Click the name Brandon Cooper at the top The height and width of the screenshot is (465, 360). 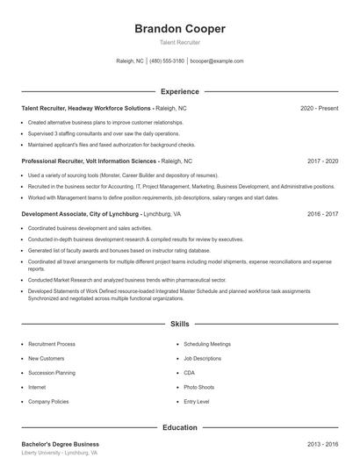tap(180, 28)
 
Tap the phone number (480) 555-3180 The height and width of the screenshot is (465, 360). tap(167, 61)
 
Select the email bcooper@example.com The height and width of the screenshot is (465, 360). tap(216, 61)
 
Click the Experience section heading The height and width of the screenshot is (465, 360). tap(180, 91)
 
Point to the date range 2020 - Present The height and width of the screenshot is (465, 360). tap(319, 108)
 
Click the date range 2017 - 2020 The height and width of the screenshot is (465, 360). tap(322, 161)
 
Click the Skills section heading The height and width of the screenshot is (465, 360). tap(180, 324)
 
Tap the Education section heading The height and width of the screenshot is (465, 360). tap(180, 427)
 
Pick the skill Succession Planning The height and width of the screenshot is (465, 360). tap(52, 372)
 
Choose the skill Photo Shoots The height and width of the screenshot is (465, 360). tap(199, 386)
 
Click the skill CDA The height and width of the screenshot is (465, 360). tap(189, 372)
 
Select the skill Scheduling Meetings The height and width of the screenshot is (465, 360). tap(207, 344)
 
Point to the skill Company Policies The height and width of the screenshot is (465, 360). tap(49, 401)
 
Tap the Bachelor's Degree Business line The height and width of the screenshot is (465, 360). tap(61, 444)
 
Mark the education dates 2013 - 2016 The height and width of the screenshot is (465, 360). tap(322, 444)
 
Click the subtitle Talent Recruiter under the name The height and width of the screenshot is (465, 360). tap(180, 42)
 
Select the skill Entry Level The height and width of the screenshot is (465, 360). tap(197, 401)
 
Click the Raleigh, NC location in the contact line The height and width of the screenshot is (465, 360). tap(130, 61)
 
